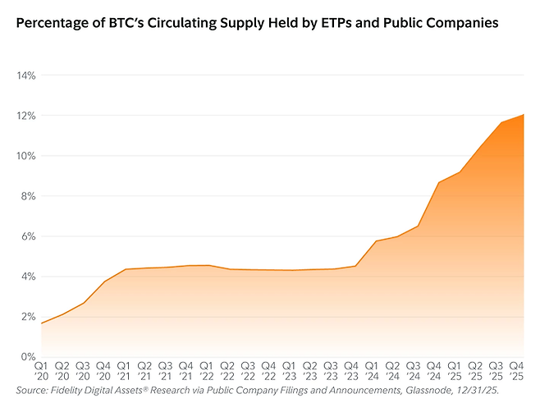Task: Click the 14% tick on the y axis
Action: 25,76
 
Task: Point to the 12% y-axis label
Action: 25,116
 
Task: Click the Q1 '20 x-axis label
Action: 41,369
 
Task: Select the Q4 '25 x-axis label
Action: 517,369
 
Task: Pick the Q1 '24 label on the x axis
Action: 372,369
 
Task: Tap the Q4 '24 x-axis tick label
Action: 434,369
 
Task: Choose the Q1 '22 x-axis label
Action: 207,369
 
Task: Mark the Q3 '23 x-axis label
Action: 331,369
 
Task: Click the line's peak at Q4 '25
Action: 524,115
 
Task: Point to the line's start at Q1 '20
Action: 41,323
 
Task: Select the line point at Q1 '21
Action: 124,269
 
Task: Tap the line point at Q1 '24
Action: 376,241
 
